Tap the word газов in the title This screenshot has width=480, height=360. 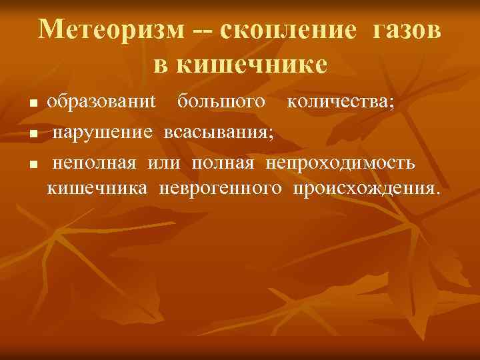[x=403, y=31]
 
